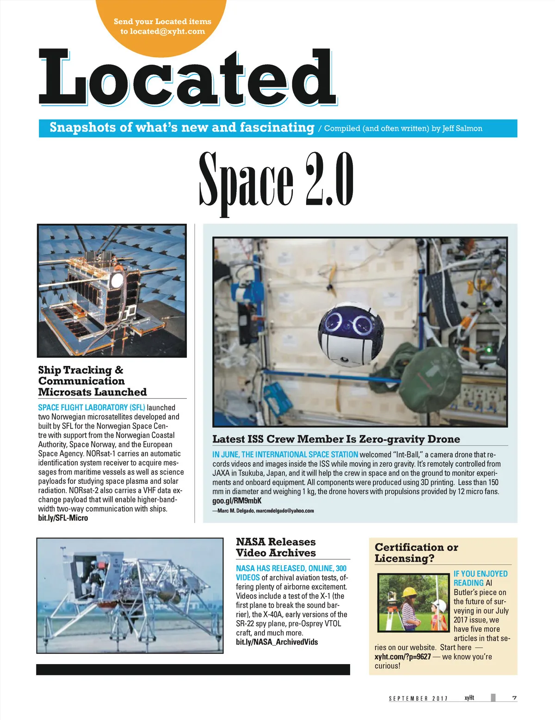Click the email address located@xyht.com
[167, 31]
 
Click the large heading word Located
[187, 77]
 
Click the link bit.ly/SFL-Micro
[63, 518]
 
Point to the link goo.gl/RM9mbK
[237, 500]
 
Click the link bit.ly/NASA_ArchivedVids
[277, 642]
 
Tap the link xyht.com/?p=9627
[402, 657]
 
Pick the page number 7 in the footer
[514, 698]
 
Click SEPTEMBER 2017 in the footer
[418, 698]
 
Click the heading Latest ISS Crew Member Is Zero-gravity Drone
[336, 439]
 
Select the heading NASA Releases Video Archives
[276, 547]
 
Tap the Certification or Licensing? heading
[416, 553]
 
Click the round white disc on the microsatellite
[117, 280]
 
